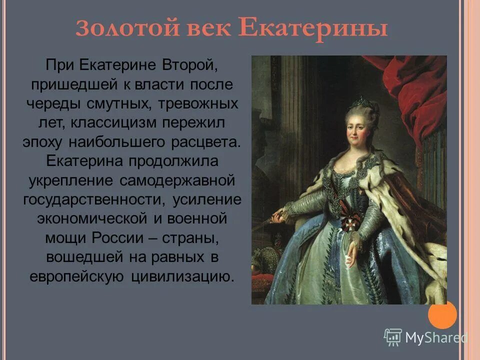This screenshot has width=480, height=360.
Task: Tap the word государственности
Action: [x=94, y=198]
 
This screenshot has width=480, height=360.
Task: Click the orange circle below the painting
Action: [x=442, y=314]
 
